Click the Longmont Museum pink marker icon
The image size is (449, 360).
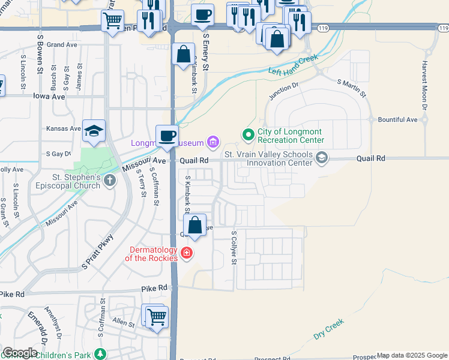pyautogui.click(x=212, y=142)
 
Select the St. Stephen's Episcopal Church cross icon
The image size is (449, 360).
pyautogui.click(x=109, y=181)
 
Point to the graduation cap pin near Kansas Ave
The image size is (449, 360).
pyautogui.click(x=94, y=131)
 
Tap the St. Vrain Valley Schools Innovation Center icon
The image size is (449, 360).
pyautogui.click(x=322, y=158)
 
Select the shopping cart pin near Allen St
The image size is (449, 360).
pyautogui.click(x=157, y=316)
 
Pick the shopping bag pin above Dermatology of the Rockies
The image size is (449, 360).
pyautogui.click(x=195, y=226)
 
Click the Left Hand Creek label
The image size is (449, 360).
pyautogui.click(x=292, y=65)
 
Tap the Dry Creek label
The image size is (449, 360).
pyautogui.click(x=328, y=329)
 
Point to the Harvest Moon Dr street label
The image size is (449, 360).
pyautogui.click(x=424, y=85)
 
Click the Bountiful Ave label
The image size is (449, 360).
pyautogui.click(x=397, y=120)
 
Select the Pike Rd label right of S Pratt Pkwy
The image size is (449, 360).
pyautogui.click(x=154, y=289)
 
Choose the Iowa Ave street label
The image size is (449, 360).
pyautogui.click(x=49, y=96)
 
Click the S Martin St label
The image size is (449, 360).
pyautogui.click(x=352, y=89)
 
